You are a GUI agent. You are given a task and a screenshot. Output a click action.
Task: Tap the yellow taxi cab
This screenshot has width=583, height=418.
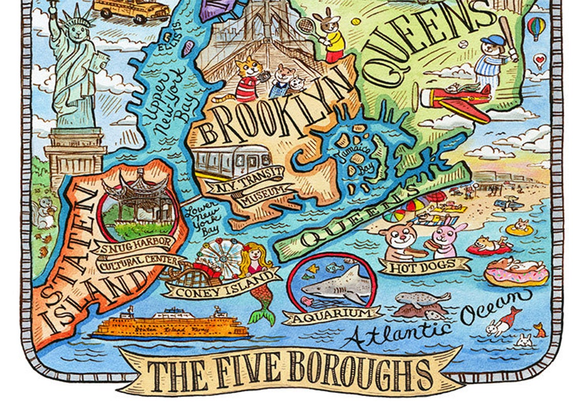coord(131,9)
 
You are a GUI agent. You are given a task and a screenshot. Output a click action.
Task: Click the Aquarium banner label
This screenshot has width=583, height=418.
coord(332,314)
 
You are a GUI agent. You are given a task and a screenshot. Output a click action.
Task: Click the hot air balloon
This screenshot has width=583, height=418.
coord(536,27)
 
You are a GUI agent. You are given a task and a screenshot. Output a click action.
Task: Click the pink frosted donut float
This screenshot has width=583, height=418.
coord(516,272)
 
